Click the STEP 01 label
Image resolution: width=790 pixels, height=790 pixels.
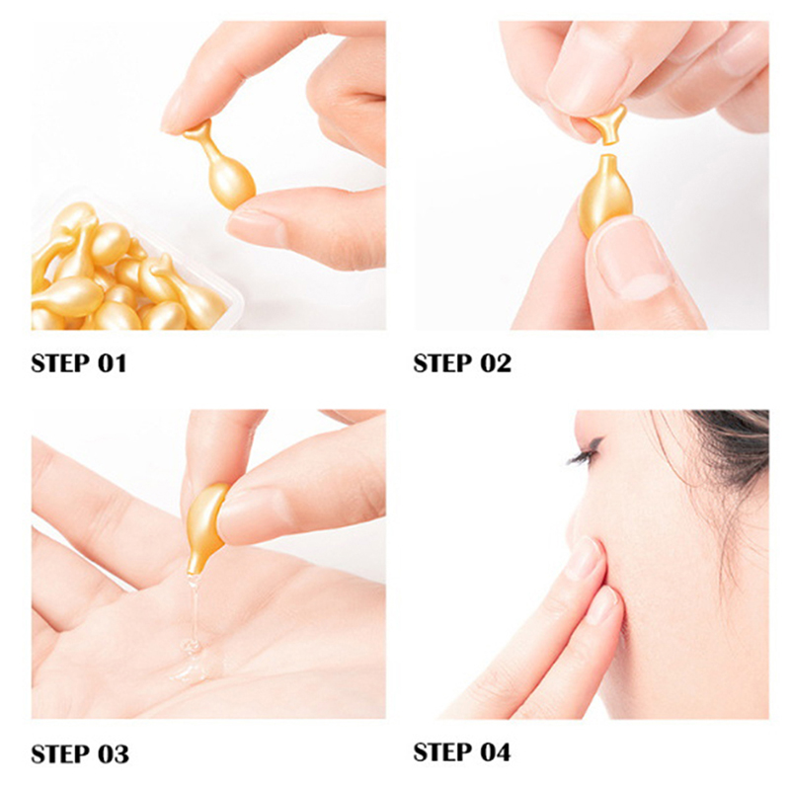[79, 363]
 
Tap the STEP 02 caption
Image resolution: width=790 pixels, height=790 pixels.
[462, 363]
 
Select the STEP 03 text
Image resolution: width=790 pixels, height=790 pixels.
[80, 754]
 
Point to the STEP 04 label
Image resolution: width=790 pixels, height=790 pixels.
[462, 752]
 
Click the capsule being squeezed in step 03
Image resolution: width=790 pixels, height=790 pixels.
[206, 526]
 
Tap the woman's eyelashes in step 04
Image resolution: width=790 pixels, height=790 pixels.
[585, 453]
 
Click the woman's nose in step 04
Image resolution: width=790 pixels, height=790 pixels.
[580, 509]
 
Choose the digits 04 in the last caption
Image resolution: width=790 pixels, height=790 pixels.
[496, 752]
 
